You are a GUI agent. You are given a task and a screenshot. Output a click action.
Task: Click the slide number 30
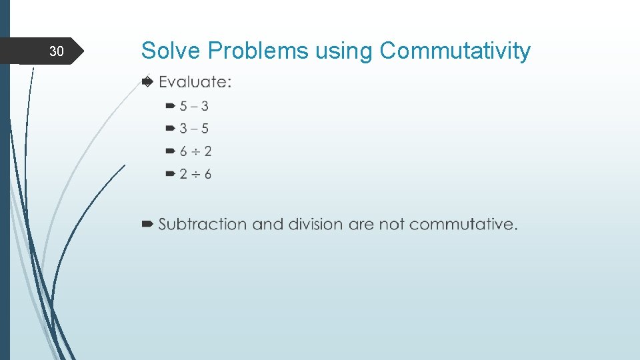click(57, 51)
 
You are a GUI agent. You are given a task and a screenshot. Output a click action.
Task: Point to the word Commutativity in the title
click(455, 51)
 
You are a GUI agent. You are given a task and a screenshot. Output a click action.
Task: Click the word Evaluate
click(195, 82)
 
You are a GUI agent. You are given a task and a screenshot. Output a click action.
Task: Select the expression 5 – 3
click(193, 106)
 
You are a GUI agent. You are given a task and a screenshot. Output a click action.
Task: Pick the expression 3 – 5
click(193, 129)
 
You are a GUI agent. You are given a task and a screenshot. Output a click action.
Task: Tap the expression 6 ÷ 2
click(195, 151)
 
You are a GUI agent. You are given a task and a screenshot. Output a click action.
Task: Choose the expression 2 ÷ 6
click(195, 174)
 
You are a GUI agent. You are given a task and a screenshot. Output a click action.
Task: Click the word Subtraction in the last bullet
click(203, 224)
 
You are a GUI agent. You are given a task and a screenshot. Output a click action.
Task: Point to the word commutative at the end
click(463, 224)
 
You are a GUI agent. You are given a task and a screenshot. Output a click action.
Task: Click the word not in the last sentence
click(392, 224)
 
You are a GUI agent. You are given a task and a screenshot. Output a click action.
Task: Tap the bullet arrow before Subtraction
click(148, 224)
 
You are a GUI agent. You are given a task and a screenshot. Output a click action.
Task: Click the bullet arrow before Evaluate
click(148, 81)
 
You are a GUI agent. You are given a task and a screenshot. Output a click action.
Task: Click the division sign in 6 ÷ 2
click(195, 151)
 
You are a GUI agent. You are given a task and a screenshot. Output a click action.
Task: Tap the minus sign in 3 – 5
click(194, 129)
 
